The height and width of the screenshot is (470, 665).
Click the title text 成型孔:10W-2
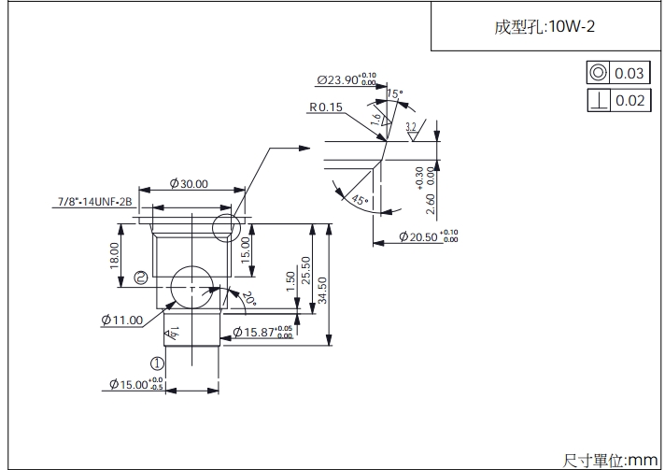pos(545,26)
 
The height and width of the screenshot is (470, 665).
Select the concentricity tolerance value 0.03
pos(630,74)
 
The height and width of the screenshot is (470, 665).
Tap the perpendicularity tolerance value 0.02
pos(630,100)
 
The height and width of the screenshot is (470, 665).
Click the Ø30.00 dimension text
pos(189,184)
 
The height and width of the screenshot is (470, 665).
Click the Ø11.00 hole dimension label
pos(122,320)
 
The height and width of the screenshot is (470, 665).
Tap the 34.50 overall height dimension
pos(323,290)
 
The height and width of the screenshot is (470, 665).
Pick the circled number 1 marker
pos(157,363)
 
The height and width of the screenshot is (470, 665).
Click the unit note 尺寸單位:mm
pos(611,460)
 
